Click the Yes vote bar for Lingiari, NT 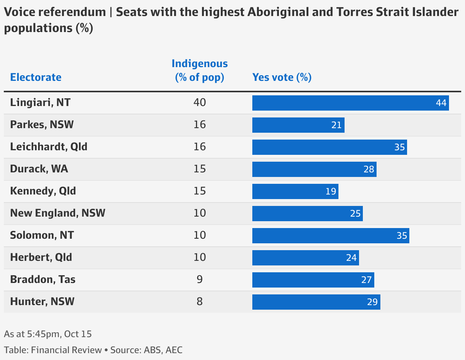point(350,103)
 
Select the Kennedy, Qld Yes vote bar point(295,191)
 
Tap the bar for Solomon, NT point(330,236)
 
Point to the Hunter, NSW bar point(316,302)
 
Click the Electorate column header point(35,77)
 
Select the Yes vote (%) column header point(282,77)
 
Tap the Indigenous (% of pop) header point(199,71)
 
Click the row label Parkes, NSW point(42,125)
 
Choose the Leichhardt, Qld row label point(49,147)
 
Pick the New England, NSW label point(58,213)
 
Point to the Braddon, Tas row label point(43,280)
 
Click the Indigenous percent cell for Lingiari point(199,103)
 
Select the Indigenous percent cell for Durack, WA point(199,169)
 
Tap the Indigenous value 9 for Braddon point(199,280)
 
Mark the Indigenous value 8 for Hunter point(199,302)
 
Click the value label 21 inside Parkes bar point(336,125)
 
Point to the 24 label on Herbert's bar point(351,258)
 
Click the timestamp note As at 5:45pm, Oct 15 point(48,334)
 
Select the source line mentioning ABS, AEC point(96,350)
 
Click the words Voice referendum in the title point(55,12)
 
